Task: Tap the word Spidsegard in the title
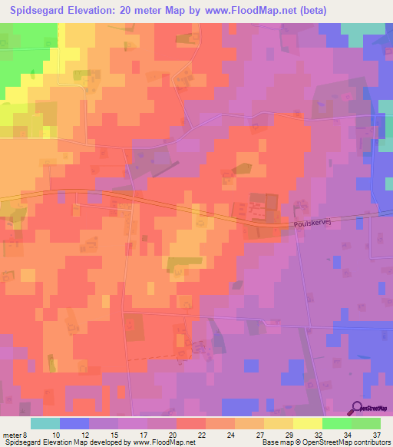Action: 36,11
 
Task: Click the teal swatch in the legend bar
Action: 45,423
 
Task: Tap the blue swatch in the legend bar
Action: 74,423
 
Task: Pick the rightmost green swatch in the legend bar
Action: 365,423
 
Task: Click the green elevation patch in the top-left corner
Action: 19,61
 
